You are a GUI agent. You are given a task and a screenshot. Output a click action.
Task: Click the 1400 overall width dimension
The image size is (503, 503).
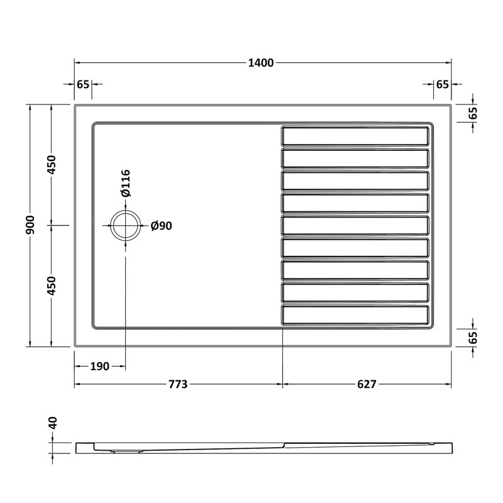click(263, 62)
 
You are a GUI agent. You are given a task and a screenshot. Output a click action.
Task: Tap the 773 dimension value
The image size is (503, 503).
click(178, 384)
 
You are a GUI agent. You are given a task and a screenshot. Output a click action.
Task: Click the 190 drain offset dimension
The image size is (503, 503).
click(100, 366)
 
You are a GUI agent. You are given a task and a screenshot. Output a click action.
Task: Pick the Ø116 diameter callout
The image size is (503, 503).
click(125, 183)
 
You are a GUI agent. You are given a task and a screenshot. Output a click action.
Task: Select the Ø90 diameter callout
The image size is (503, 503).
click(162, 226)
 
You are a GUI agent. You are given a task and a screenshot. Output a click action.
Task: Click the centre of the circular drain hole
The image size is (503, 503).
click(125, 225)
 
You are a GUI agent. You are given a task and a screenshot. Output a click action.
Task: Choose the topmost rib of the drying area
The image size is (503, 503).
click(355, 136)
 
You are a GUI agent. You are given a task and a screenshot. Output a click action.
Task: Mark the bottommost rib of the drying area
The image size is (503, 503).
click(355, 315)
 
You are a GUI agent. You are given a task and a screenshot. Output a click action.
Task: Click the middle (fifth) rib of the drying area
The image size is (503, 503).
click(355, 225)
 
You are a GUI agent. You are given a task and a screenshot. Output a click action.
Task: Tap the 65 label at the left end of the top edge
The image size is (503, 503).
click(83, 84)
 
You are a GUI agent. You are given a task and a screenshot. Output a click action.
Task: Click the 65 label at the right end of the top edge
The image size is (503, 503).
click(442, 84)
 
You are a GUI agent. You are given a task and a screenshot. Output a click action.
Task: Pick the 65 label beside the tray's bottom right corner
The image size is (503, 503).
click(473, 338)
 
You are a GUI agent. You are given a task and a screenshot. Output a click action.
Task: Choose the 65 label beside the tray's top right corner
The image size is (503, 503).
click(473, 113)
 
